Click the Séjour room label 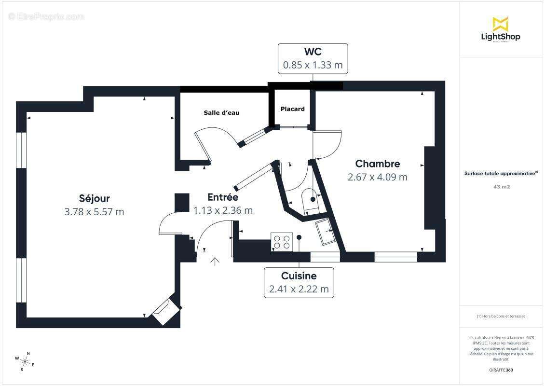click(x=95, y=198)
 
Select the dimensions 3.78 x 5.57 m click(x=95, y=211)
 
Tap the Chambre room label click(x=378, y=164)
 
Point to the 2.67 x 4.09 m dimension click(x=378, y=177)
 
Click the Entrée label click(x=223, y=197)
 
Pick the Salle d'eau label click(x=221, y=113)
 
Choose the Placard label click(x=293, y=109)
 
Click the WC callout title click(x=313, y=51)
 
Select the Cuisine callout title click(x=299, y=276)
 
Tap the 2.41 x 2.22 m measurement click(x=299, y=289)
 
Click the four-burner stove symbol click(x=282, y=241)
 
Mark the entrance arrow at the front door click(x=215, y=262)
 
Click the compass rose click(x=25, y=361)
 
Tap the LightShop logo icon click(x=501, y=24)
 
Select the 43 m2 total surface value click(x=501, y=186)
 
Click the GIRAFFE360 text click(x=501, y=370)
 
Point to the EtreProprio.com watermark click(x=46, y=17)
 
